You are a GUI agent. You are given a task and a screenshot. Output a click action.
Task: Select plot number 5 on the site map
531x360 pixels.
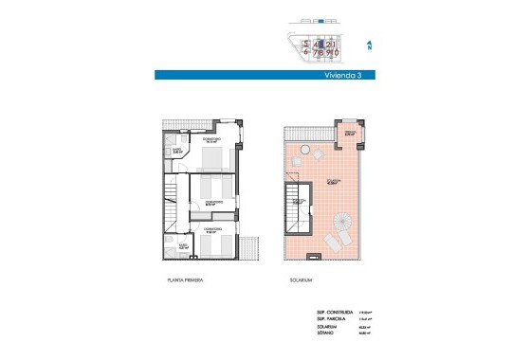(306, 44)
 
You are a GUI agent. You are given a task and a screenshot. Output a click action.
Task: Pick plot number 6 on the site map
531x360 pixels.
(306, 54)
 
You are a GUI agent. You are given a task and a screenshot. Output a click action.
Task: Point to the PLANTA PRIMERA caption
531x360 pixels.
(190, 281)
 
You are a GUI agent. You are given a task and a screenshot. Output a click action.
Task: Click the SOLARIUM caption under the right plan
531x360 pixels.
(301, 281)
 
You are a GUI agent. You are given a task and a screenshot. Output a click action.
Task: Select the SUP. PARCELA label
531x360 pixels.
(332, 319)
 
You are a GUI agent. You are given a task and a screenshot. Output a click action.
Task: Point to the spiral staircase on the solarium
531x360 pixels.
(342, 232)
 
